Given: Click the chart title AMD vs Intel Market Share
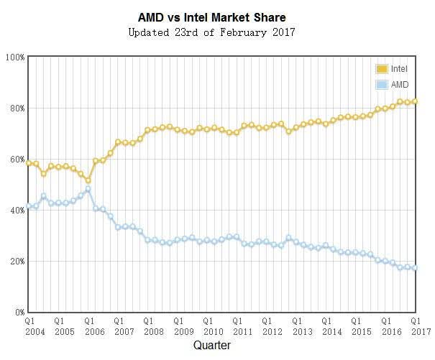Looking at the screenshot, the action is [212, 17].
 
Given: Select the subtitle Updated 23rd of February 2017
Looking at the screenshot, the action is [211, 32].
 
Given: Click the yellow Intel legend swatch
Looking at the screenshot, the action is [382, 69].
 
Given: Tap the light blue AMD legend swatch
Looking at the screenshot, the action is [382, 85].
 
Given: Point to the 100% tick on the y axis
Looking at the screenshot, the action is [15, 57].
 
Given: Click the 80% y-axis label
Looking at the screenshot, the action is [17, 109].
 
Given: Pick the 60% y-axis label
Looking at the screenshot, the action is [17, 160].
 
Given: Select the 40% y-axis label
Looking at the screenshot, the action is [17, 211].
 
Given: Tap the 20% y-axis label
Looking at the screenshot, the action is [17, 262].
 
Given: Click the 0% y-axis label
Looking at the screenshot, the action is [19, 313].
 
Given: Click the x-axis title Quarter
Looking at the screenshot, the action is [212, 346].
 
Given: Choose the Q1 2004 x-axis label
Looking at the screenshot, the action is [35, 326].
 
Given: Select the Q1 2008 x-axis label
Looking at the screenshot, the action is [154, 326].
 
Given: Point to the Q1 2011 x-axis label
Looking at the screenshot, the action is [243, 326].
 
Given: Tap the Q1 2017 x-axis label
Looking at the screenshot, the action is [421, 326].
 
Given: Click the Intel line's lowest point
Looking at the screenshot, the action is [88, 180].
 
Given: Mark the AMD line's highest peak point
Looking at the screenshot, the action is [88, 189].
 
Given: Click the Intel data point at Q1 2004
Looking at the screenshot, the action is [29, 163].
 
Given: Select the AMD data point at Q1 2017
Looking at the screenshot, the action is [415, 267].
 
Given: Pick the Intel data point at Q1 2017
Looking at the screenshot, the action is [415, 101].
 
